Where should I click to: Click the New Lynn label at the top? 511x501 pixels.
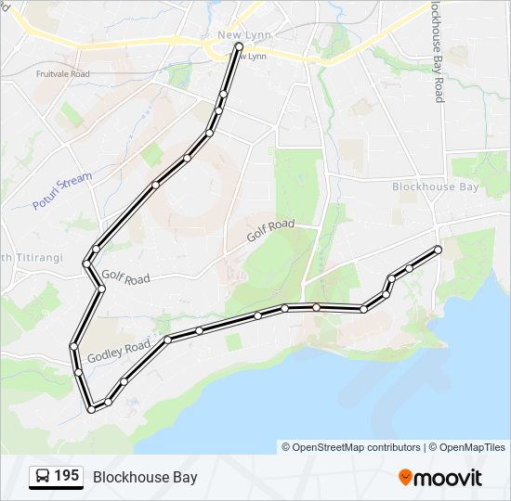pos(237,35)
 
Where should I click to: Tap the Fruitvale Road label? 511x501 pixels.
pos(62,73)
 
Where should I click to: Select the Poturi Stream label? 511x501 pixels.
pos(62,190)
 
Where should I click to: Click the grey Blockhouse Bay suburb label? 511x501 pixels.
pos(435,186)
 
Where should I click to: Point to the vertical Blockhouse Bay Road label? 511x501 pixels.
pos(438,51)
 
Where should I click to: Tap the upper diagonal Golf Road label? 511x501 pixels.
pos(270,231)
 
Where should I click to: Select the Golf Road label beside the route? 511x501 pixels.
pos(125,276)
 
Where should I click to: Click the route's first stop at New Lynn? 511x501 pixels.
pos(239,45)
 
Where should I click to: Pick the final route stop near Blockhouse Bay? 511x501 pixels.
pos(438,249)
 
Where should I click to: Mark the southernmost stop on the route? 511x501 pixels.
pos(91,408)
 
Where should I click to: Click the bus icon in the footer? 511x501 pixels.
pos(42,477)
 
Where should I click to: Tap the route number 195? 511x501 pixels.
pos(66,476)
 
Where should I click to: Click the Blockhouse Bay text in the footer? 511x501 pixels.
pos(144,477)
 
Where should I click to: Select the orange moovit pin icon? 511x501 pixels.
pos(406,477)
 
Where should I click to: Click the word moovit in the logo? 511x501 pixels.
pos(448,478)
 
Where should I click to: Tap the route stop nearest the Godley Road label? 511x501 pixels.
pos(167,340)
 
